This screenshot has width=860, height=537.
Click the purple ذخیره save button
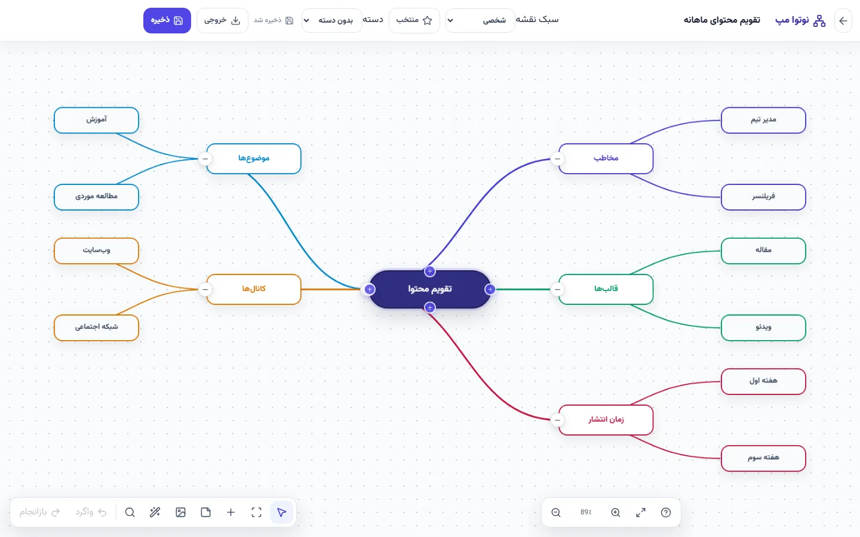click(167, 20)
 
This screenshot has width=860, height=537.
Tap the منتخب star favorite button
click(414, 20)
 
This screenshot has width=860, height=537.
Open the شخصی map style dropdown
click(480, 20)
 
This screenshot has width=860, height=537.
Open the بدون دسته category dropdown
click(331, 20)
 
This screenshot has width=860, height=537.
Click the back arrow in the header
click(843, 21)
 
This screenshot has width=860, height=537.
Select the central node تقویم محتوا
click(429, 289)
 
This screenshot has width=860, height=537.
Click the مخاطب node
click(606, 159)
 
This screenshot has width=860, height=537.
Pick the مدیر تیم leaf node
click(763, 120)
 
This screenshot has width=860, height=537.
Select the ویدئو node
click(763, 328)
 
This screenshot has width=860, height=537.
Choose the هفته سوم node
click(763, 458)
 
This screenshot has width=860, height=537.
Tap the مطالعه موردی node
click(96, 197)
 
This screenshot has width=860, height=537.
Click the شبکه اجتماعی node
click(96, 328)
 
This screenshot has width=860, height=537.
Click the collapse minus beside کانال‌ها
click(205, 289)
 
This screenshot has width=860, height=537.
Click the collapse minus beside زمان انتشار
click(557, 419)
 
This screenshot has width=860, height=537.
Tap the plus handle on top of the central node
click(429, 271)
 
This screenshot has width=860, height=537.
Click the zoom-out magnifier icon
click(556, 513)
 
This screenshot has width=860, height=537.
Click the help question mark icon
click(666, 513)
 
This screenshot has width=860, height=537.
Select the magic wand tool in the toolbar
click(155, 512)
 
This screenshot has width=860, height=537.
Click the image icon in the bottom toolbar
click(180, 512)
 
